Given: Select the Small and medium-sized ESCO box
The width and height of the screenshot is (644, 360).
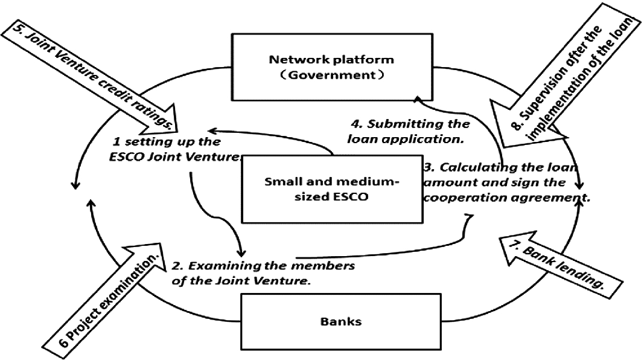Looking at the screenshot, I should [x=332, y=191].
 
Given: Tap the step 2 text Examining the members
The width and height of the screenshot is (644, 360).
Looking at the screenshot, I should [x=254, y=273].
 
